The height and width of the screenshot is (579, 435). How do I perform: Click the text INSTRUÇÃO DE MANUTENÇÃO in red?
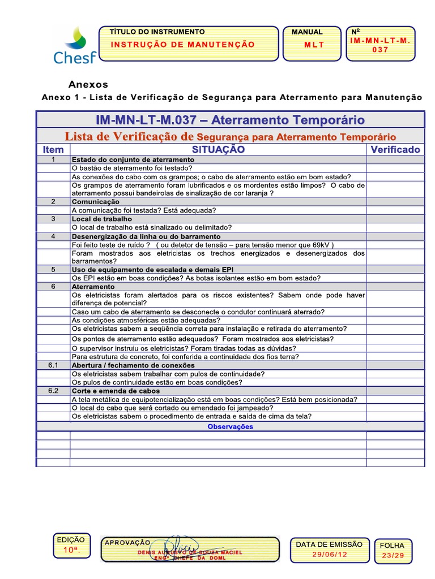pos(182,45)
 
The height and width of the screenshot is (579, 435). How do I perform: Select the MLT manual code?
pos(314,45)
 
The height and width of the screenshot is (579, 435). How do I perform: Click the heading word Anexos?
pos(88,85)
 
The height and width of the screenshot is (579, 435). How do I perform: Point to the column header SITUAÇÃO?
pos(218,149)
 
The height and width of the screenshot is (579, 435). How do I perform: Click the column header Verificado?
pos(395,149)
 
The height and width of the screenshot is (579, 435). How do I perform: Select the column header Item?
pos(53,150)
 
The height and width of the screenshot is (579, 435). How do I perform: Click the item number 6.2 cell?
pos(53,391)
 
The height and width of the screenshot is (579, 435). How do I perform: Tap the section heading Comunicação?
pos(95,201)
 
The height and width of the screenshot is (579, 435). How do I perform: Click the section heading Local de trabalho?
pos(101,219)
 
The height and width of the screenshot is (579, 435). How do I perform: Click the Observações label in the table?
pos(230,426)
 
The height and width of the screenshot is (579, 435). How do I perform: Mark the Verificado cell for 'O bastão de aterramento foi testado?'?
pos(395,168)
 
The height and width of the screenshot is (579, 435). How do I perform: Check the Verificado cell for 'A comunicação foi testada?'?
pos(395,210)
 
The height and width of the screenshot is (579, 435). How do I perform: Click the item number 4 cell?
pos(53,236)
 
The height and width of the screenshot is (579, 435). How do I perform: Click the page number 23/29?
pos(393,556)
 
